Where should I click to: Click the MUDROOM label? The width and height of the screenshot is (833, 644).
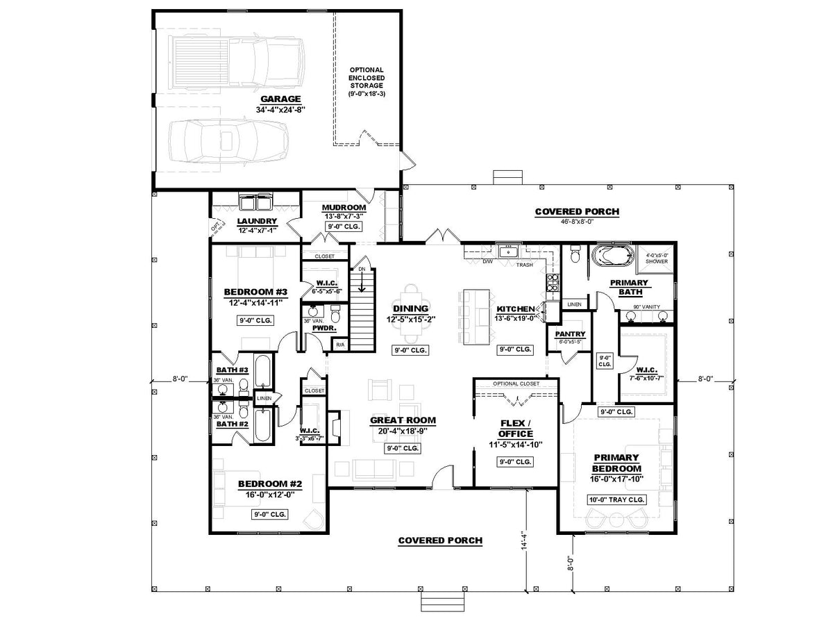pos(344,208)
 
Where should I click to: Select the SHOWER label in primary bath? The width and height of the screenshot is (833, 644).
pos(656,261)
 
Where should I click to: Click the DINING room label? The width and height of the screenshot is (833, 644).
pos(410,309)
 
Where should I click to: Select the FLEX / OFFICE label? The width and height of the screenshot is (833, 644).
pos(516,428)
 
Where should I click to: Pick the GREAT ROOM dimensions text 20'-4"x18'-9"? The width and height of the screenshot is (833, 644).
pos(403,431)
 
